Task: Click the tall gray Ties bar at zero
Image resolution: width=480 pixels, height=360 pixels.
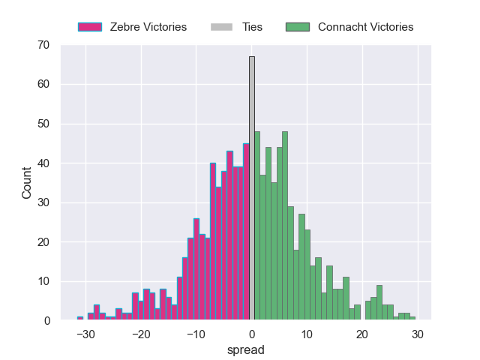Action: click(x=252, y=188)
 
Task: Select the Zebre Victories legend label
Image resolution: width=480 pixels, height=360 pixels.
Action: click(x=147, y=27)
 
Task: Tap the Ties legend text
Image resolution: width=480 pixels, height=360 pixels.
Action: click(x=252, y=27)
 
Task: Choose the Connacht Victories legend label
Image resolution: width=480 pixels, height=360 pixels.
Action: click(x=365, y=27)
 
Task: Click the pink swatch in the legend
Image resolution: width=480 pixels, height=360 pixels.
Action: click(x=89, y=27)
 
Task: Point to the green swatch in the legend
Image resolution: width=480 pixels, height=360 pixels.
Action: click(x=298, y=27)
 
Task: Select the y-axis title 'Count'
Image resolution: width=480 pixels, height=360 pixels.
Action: click(x=27, y=183)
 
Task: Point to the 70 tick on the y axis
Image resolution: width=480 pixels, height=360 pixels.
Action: click(x=43, y=45)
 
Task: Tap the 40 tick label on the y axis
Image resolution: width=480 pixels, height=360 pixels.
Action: click(x=43, y=163)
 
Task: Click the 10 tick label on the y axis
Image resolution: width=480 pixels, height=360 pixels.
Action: click(x=43, y=281)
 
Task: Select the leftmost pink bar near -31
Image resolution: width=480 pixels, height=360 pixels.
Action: click(x=80, y=319)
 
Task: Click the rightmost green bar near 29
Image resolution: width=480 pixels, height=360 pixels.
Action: click(x=412, y=319)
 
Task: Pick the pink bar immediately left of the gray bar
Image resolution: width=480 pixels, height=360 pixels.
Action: click(x=246, y=232)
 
